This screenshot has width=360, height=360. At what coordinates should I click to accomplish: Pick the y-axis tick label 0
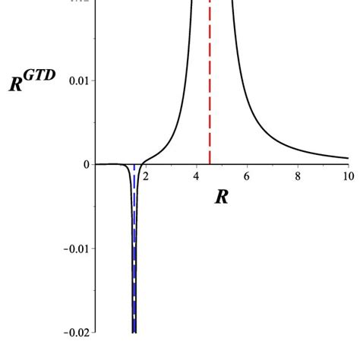click(86, 164)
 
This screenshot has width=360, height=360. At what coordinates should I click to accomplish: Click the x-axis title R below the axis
click(222, 197)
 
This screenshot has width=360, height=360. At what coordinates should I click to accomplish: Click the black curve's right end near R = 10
click(348, 158)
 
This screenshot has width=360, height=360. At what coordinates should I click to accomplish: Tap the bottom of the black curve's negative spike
click(134, 331)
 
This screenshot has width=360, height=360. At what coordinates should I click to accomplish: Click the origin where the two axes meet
click(96, 164)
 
